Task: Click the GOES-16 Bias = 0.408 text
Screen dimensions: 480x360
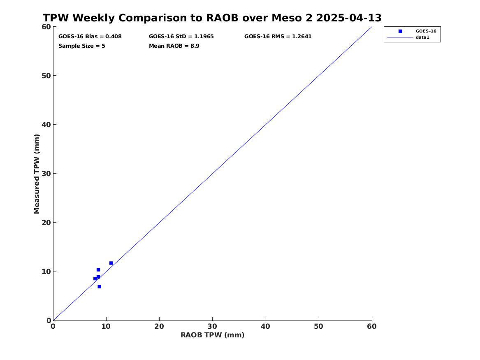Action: [90, 37]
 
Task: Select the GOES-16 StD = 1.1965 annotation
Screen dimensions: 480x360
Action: [181, 37]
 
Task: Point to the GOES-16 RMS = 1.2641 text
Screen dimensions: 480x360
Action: [278, 37]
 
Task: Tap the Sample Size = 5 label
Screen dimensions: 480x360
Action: [82, 46]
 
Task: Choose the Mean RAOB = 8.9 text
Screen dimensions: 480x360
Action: [174, 46]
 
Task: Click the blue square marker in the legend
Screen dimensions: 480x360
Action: [400, 31]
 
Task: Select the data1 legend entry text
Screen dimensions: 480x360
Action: [422, 37]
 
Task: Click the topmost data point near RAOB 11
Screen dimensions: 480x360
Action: [111, 263]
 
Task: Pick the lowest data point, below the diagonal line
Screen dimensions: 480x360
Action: [99, 287]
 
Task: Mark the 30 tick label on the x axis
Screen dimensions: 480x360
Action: [213, 327]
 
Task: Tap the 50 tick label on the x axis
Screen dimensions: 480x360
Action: [319, 327]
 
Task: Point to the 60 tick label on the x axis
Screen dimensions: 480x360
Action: [372, 327]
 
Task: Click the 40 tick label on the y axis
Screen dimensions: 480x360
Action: [46, 125]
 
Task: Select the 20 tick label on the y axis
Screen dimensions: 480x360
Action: [46, 223]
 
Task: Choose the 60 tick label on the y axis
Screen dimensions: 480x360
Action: [46, 27]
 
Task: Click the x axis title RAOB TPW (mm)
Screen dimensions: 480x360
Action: [213, 335]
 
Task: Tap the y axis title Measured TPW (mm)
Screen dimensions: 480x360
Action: [37, 174]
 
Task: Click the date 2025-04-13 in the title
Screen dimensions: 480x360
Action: [349, 18]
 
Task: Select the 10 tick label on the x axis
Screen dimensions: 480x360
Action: [106, 327]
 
